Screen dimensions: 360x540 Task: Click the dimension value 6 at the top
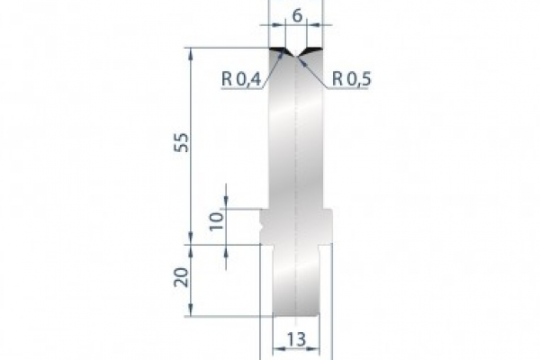(298, 15)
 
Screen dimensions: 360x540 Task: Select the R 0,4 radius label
(240, 79)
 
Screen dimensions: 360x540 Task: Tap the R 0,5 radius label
(352, 79)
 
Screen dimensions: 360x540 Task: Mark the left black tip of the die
(279, 48)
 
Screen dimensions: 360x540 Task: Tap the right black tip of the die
(318, 48)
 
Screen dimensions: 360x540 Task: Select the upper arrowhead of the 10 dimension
(226, 202)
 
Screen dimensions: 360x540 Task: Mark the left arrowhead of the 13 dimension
(265, 347)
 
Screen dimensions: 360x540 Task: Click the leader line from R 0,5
(315, 67)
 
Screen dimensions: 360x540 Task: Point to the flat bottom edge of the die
(297, 316)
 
